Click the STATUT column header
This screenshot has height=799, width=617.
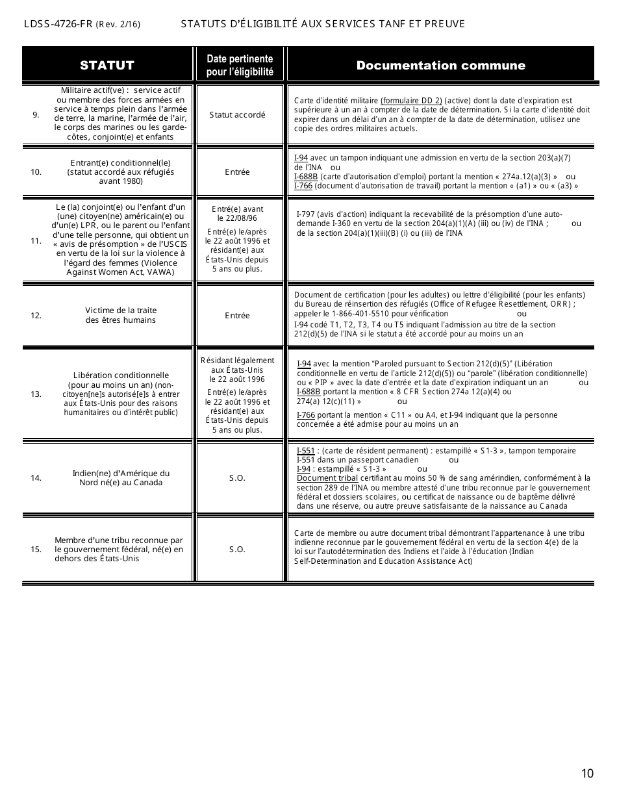point(107,65)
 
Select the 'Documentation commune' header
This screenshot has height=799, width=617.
point(440,65)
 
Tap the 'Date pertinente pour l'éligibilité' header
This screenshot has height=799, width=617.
point(240,65)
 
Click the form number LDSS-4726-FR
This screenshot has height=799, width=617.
point(58,25)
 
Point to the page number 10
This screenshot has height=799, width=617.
point(587,773)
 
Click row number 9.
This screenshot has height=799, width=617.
point(36,115)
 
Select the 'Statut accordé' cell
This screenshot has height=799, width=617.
point(237,115)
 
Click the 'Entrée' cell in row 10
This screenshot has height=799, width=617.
point(237,172)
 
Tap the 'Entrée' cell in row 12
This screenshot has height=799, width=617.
point(237,316)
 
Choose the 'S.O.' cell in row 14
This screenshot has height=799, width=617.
point(237,478)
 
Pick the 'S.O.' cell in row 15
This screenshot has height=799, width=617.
point(237,550)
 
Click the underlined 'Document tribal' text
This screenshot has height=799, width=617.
point(327,478)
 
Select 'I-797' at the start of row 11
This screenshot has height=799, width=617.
point(306,215)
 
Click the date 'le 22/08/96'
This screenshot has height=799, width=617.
point(237,218)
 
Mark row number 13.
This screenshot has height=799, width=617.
point(36,394)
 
